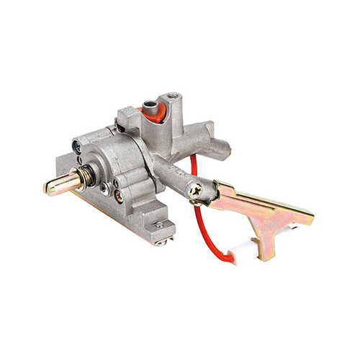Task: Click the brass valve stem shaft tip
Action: tap(52, 186)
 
